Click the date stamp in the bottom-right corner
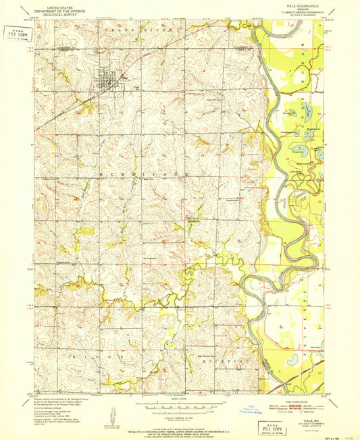(343, 422)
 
